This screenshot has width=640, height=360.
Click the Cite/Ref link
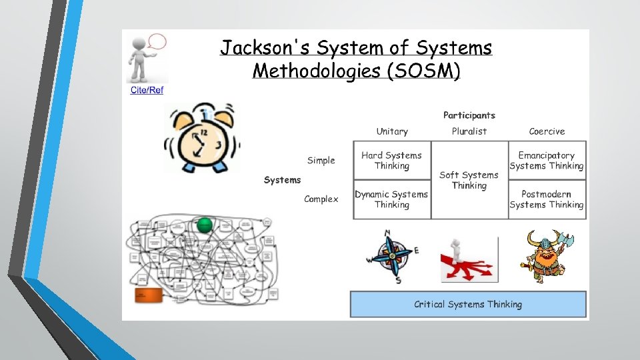coord(146,90)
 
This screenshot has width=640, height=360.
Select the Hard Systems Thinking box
coord(391,160)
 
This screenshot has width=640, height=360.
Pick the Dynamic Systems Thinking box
coord(391,199)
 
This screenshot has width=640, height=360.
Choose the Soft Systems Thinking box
coord(469,180)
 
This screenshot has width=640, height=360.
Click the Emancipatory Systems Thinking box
coord(547,160)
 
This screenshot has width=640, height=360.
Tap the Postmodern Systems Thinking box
coord(547,199)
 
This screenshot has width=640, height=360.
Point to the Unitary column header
coord(392,131)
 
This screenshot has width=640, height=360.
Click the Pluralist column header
coord(469,131)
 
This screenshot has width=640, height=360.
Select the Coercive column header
coord(547,131)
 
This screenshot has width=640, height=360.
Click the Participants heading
coord(469,115)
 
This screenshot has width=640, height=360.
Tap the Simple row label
coord(321,160)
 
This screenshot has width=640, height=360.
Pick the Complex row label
coord(321,199)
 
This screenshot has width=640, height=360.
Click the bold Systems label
coord(282,179)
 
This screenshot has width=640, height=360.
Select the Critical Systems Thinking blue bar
coord(468,304)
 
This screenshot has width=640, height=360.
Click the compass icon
coord(392,257)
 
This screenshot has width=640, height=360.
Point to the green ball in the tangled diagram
coord(205,225)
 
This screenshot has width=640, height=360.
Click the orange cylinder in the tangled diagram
coord(149,294)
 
